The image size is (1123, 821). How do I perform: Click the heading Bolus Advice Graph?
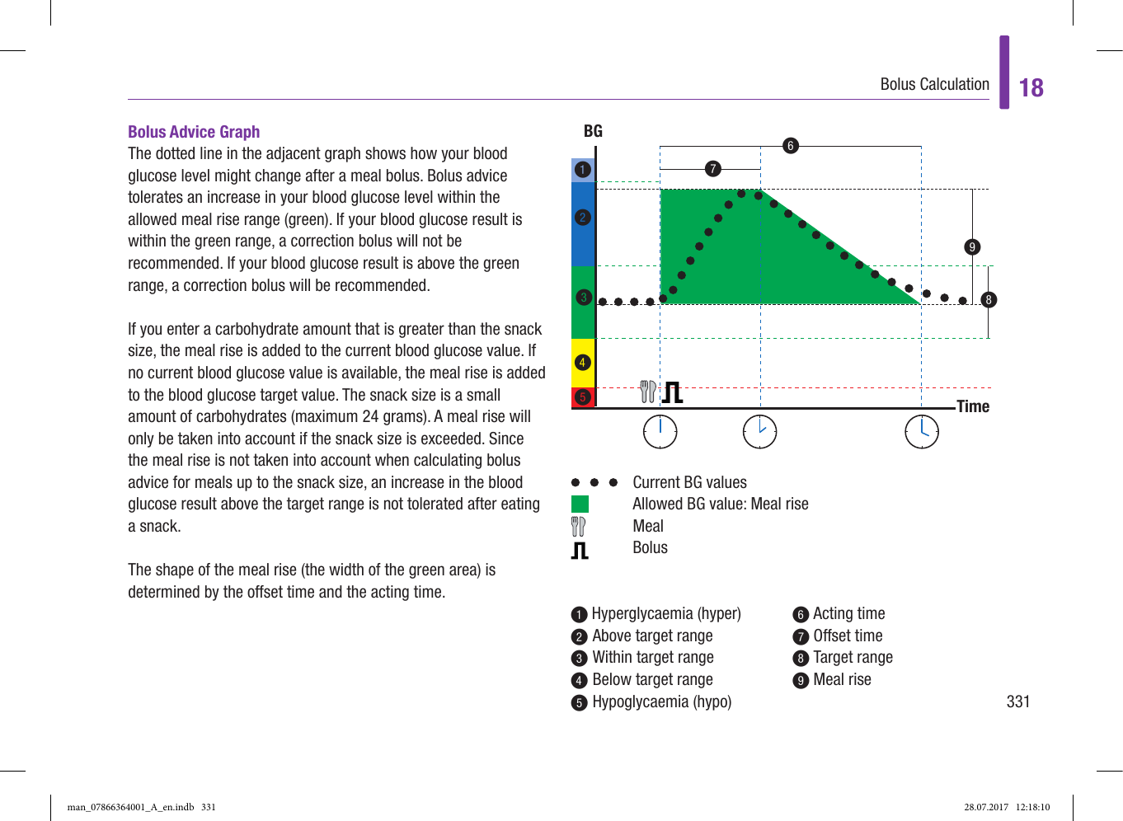[x=194, y=132]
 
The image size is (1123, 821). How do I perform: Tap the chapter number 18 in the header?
[x=1031, y=88]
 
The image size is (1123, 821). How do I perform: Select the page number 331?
[x=1017, y=701]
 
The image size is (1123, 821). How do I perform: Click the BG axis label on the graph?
[x=593, y=131]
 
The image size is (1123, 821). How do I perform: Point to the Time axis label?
[x=973, y=406]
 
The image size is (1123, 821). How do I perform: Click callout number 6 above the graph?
[x=790, y=146]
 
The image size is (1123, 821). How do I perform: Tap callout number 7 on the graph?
[x=713, y=169]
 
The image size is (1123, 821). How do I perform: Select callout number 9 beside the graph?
[x=972, y=247]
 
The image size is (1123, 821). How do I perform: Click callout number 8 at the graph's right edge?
[x=989, y=300]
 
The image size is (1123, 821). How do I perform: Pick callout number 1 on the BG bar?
[x=583, y=170]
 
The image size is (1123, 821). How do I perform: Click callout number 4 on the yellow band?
[x=583, y=363]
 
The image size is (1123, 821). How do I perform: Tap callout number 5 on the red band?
[x=583, y=397]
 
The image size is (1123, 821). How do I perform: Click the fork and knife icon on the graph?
[x=648, y=392]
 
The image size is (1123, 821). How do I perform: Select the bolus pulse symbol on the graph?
[x=673, y=392]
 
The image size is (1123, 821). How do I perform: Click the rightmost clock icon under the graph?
[x=922, y=432]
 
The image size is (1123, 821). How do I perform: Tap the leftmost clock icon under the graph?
[x=660, y=432]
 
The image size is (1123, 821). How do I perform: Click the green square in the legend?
[x=580, y=504]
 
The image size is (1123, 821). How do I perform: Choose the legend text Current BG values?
[x=689, y=482]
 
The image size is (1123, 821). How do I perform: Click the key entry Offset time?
[x=848, y=636]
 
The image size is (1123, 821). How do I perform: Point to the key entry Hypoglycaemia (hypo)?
[x=661, y=701]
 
